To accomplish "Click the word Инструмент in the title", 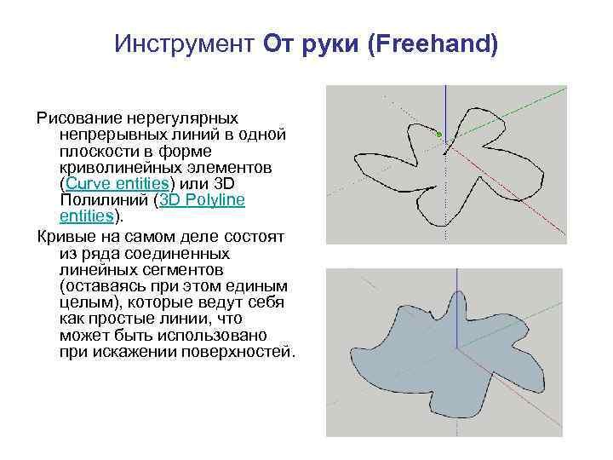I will pyautogui.click(x=184, y=43).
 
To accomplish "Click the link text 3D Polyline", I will pyautogui.click(x=202, y=200).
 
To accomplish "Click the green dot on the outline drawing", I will pyautogui.click(x=438, y=135).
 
